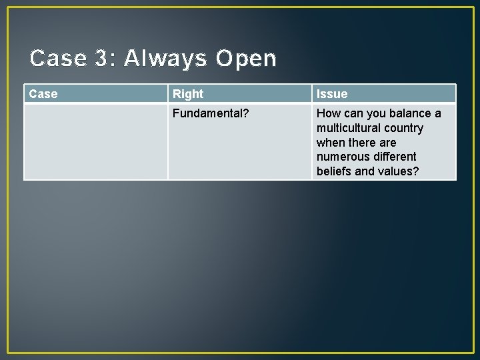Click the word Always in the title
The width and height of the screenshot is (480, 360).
(165, 59)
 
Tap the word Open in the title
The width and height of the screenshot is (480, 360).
(246, 59)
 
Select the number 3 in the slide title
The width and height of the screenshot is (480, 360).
(101, 59)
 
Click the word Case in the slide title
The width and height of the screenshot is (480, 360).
(59, 59)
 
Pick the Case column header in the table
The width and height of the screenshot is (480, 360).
(43, 94)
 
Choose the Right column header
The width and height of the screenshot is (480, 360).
(188, 94)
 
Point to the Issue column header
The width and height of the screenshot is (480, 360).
(332, 94)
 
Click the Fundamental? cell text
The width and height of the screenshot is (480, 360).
(211, 113)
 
